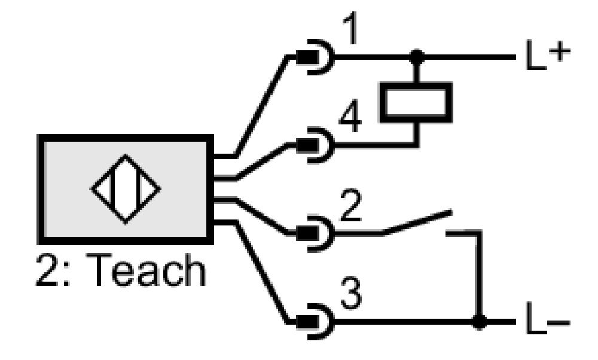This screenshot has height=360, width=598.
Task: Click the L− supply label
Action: point(548,318)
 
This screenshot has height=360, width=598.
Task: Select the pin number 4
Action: point(350,117)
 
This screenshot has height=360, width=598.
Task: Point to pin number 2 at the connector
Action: point(350,206)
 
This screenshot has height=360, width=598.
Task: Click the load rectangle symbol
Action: point(416,102)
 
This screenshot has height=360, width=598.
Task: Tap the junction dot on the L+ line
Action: point(417,57)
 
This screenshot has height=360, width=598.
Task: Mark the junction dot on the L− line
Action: point(480,322)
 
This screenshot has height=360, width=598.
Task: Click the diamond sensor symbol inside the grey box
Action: point(126,189)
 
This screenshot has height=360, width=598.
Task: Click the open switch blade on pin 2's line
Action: point(417,222)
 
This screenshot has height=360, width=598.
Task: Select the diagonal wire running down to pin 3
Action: point(262,272)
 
